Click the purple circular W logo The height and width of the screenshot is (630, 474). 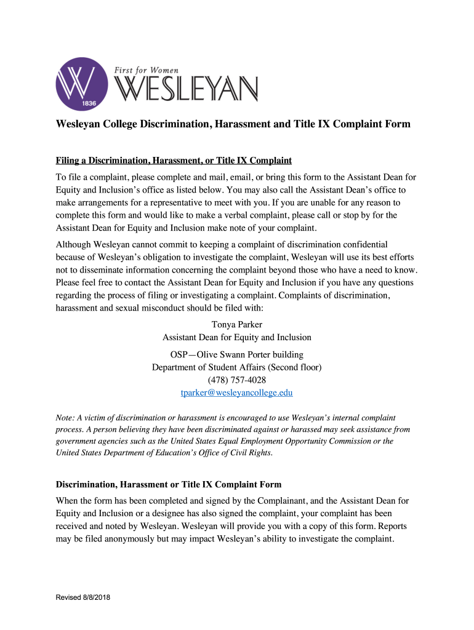coord(76,83)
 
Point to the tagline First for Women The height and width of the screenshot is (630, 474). coord(147,71)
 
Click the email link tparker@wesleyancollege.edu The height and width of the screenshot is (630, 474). coord(236,393)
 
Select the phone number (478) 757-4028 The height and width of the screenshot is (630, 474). coord(237,380)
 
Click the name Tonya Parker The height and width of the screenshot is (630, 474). coord(237,324)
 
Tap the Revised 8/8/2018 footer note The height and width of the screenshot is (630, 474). coord(83,597)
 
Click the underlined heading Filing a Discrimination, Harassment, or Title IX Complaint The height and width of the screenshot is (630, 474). coord(174,161)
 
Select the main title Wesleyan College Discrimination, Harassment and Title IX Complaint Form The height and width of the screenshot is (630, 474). coord(233,124)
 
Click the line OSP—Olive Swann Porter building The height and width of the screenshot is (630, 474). coord(237,355)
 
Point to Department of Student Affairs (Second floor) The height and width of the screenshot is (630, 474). coord(237,367)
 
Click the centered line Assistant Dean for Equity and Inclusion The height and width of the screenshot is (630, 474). coord(237,337)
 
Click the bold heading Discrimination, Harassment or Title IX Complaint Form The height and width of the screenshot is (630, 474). coord(168,485)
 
